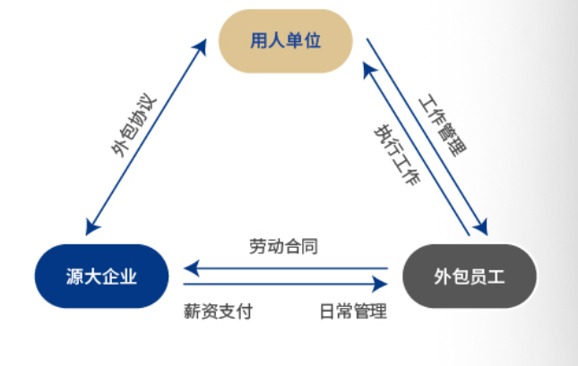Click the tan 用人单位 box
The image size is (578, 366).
click(x=285, y=41)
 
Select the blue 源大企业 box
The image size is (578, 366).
click(x=101, y=277)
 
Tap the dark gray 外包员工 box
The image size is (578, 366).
click(x=469, y=277)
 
